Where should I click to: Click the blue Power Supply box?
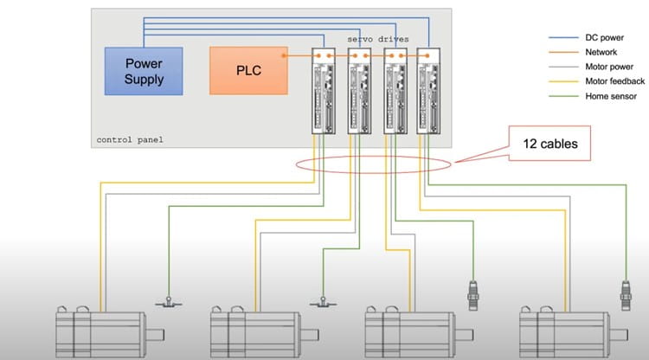[x=144, y=70]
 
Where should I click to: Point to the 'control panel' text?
[x=130, y=139]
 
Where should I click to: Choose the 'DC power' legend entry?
[x=597, y=38]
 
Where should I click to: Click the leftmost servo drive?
[x=322, y=90]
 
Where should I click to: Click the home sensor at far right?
[x=625, y=293]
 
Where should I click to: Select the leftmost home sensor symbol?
[x=167, y=302]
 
